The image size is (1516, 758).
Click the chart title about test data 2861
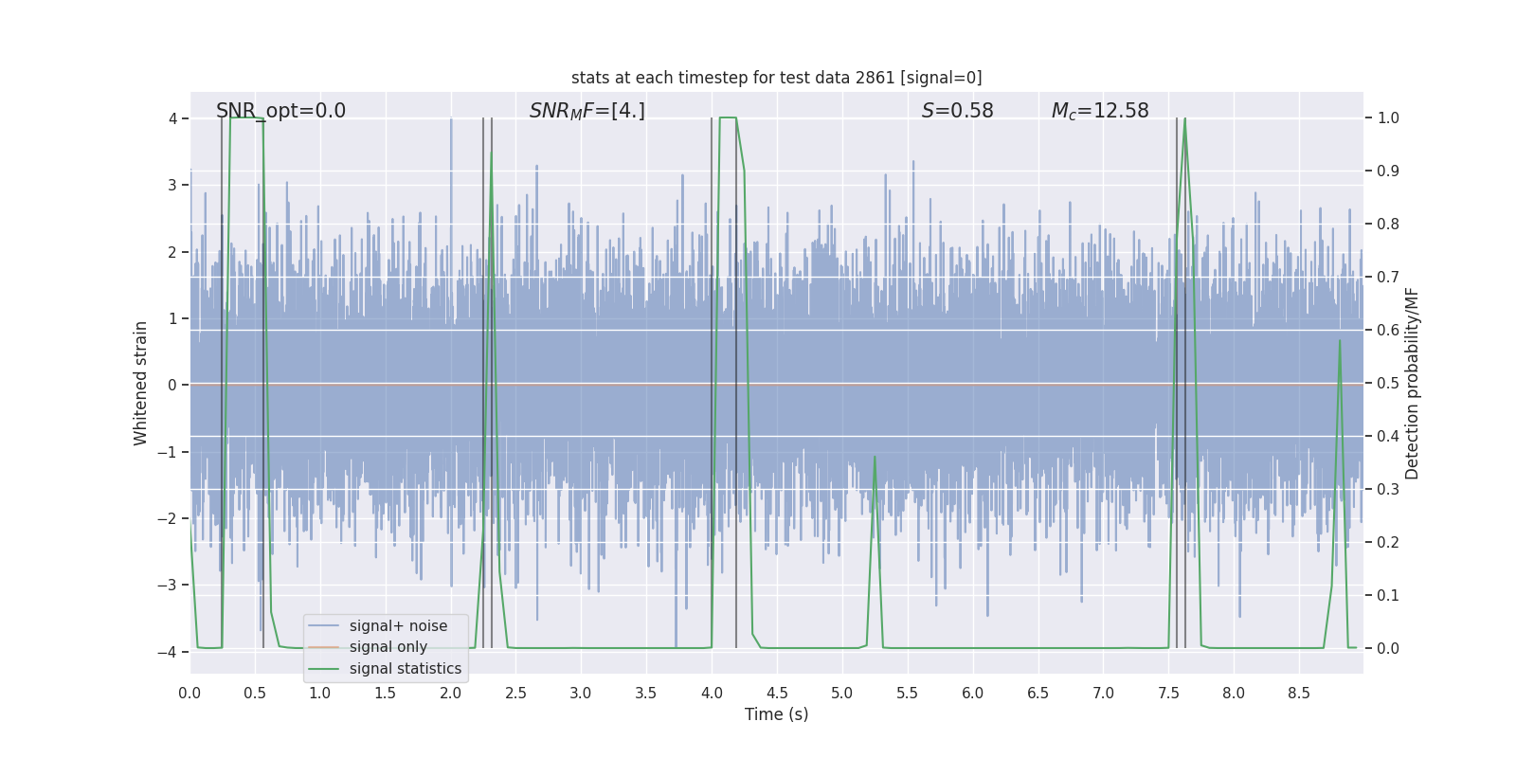click(x=776, y=78)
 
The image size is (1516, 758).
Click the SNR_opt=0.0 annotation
click(x=280, y=111)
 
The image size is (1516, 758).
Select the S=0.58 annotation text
click(x=957, y=111)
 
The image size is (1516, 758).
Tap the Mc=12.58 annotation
click(x=1099, y=111)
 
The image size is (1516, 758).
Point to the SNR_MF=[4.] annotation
click(x=587, y=111)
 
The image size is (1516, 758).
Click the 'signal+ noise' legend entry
click(x=398, y=626)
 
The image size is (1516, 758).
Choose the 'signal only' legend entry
click(x=388, y=647)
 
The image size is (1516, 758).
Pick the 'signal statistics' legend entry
click(x=405, y=669)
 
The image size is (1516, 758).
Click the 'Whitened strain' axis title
click(x=141, y=384)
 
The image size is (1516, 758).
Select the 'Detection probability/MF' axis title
click(x=1412, y=384)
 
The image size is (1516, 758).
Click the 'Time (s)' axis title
click(x=776, y=714)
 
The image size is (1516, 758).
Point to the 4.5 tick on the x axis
click(x=777, y=694)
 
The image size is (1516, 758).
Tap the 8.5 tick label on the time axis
click(x=1299, y=694)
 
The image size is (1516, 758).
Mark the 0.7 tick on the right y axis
click(x=1387, y=278)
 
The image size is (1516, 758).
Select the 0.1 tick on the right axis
click(x=1387, y=596)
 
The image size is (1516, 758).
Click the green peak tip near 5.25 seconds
click(x=875, y=457)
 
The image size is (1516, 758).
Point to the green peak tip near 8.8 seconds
click(x=1340, y=340)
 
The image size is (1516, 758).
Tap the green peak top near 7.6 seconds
click(x=1184, y=119)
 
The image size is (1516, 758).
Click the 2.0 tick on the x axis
click(x=450, y=694)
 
